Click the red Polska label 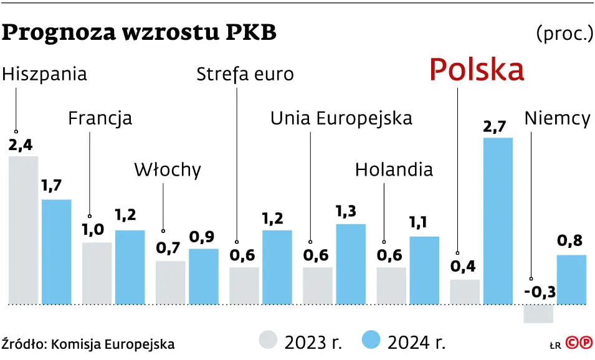pyautogui.click(x=477, y=70)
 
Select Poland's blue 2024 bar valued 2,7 pyautogui.click(x=498, y=221)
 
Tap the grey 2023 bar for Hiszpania pyautogui.click(x=23, y=230)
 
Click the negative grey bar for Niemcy pyautogui.click(x=538, y=314)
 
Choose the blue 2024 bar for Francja pyautogui.click(x=130, y=267)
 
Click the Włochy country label pyautogui.click(x=168, y=169)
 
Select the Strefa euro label pyautogui.click(x=245, y=75)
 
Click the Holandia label pyautogui.click(x=394, y=169)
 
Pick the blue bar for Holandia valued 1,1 pyautogui.click(x=424, y=270)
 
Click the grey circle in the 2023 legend pyautogui.click(x=268, y=341)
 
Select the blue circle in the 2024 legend pyautogui.click(x=371, y=341)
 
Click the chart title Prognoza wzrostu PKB pyautogui.click(x=140, y=33)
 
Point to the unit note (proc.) pyautogui.click(x=563, y=33)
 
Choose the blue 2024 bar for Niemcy pyautogui.click(x=571, y=280)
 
